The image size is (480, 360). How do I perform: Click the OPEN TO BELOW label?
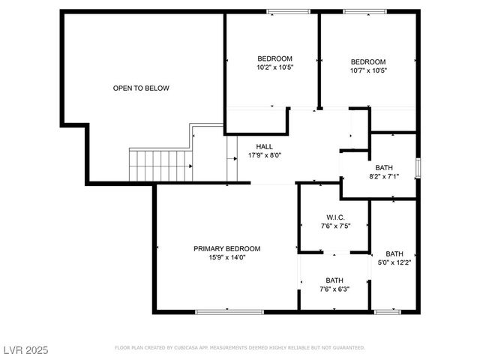click(x=141, y=88)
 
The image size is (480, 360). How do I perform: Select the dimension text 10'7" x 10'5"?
click(x=368, y=70)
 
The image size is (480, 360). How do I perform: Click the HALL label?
click(x=265, y=146)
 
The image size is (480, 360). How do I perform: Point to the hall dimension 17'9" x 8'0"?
click(x=265, y=156)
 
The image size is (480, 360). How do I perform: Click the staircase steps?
click(x=160, y=165)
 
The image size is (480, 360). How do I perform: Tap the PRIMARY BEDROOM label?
click(x=226, y=249)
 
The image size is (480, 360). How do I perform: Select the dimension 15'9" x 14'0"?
click(x=226, y=258)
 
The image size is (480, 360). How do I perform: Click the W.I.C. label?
click(x=334, y=217)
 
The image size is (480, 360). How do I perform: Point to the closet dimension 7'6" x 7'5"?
click(x=334, y=226)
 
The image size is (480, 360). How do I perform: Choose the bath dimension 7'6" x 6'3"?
click(x=334, y=289)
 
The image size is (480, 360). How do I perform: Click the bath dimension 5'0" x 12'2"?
click(x=394, y=262)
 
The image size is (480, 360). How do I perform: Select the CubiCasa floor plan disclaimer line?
click(x=239, y=348)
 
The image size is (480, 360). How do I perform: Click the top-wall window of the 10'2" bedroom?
click(x=289, y=12)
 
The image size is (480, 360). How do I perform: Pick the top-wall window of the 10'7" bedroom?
click(x=364, y=12)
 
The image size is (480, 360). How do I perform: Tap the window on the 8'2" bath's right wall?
click(x=418, y=166)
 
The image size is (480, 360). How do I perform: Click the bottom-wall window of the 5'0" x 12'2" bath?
click(x=387, y=310)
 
